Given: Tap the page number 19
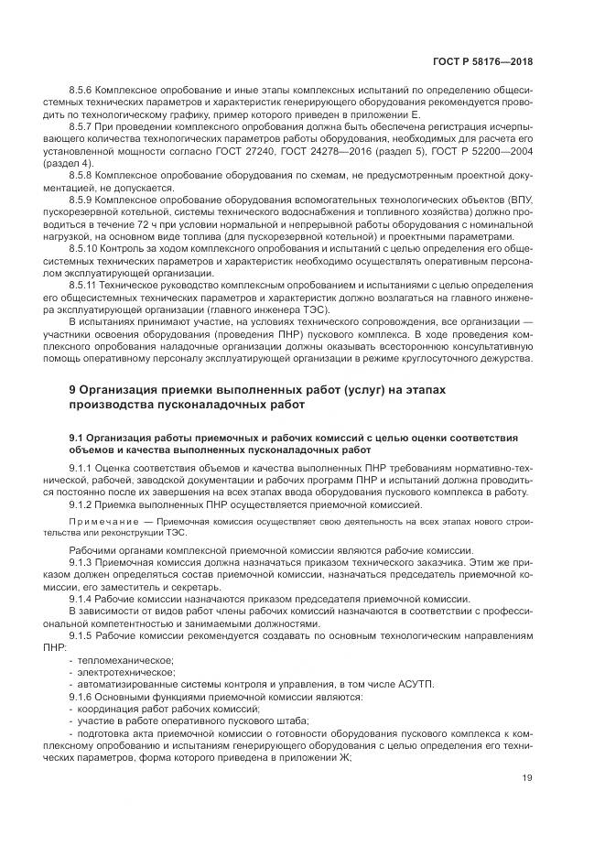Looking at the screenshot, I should (527, 779).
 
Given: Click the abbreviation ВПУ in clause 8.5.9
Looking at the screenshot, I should (519, 199).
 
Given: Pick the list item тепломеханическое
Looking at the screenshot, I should (125, 660).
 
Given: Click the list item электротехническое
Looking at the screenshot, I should (124, 672).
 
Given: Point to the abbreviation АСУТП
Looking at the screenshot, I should (416, 685).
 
